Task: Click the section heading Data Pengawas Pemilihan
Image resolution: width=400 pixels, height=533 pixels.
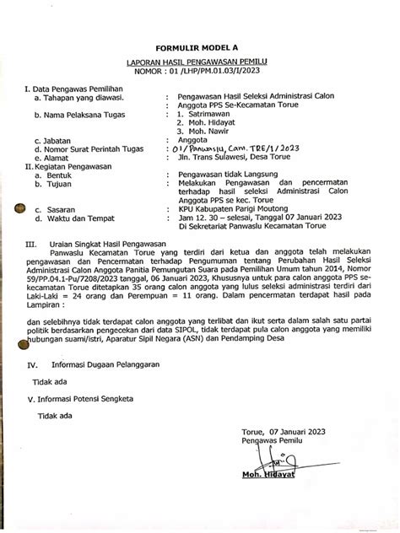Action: pos(78,88)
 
